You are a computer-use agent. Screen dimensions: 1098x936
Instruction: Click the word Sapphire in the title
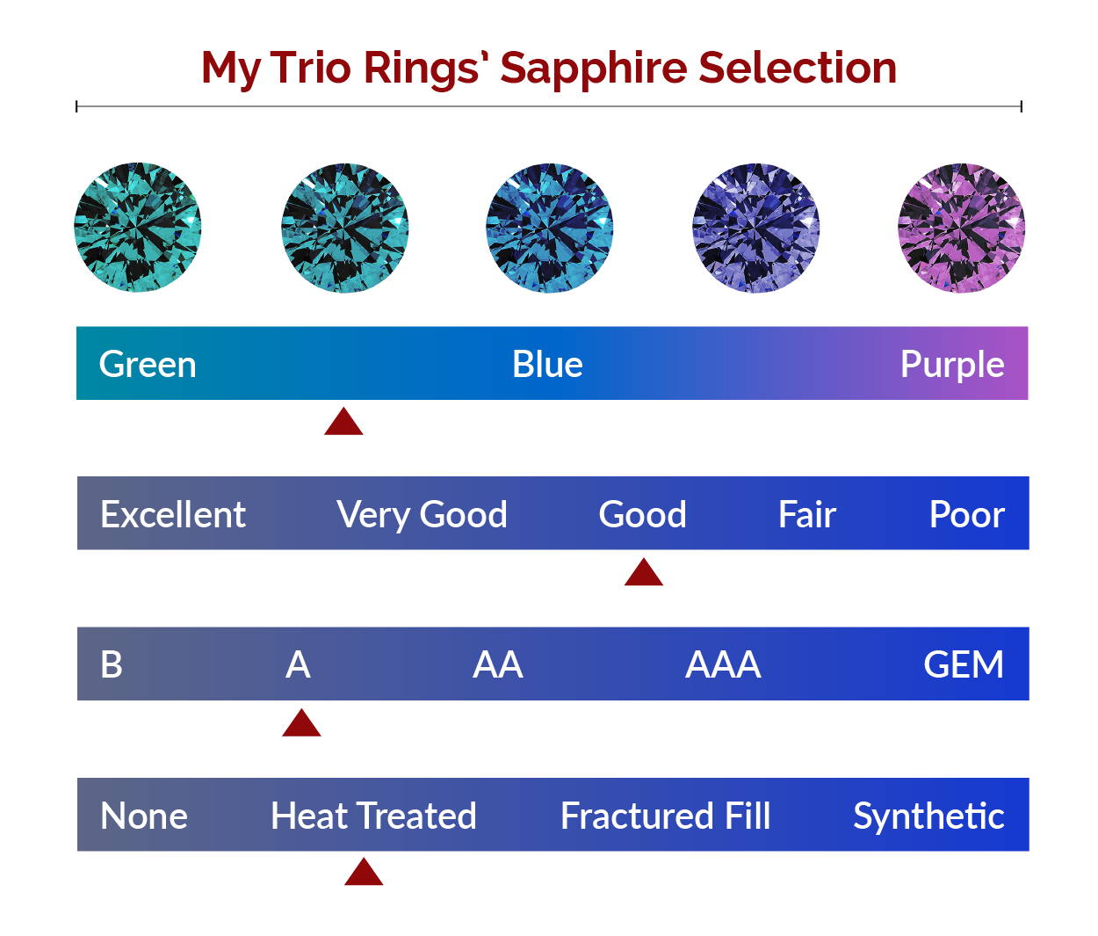coord(594,69)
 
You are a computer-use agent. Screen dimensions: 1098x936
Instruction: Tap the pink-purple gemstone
coord(962,228)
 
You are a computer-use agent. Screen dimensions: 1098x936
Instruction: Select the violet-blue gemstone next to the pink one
coord(756,228)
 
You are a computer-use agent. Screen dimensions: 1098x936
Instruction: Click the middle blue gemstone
coord(550,228)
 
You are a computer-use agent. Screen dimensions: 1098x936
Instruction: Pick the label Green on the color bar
coord(148,365)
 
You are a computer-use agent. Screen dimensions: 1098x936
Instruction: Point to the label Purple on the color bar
coord(952,366)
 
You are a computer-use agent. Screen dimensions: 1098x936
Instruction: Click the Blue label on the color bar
coord(547,365)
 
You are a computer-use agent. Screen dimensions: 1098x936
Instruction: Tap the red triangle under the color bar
coord(343,422)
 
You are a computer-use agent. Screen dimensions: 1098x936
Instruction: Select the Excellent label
coord(173,514)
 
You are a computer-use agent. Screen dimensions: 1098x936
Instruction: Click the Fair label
coord(807,514)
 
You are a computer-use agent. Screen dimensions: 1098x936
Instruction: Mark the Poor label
coord(967,514)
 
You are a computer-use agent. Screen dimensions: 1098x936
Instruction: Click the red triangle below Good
coord(644,572)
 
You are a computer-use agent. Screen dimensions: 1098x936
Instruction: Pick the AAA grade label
coord(724,665)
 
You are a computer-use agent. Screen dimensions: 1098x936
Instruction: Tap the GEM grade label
coord(964,665)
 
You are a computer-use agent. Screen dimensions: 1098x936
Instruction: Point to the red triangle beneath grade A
coord(301,722)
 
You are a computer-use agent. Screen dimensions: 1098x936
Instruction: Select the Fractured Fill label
coord(666,816)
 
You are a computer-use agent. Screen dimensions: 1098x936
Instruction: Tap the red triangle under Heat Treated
coord(364,872)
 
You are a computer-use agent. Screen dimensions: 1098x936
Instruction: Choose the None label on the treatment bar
coord(144,816)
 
